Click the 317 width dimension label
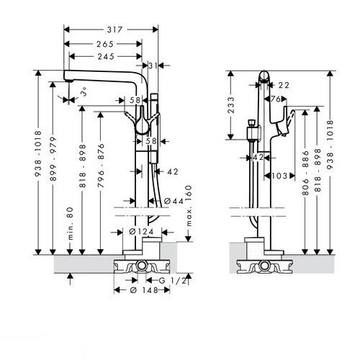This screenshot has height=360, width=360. pyautogui.click(x=114, y=30)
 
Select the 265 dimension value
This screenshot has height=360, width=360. pyautogui.click(x=105, y=44)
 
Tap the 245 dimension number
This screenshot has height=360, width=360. pyautogui.click(x=106, y=57)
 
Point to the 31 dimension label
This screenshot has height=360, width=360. pyautogui.click(x=153, y=66)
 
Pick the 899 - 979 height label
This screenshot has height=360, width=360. pyautogui.click(x=53, y=158)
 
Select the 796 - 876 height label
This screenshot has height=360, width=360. pyautogui.click(x=101, y=166)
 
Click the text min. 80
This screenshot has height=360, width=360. pyautogui.click(x=70, y=223)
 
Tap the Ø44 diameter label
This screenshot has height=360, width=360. pyautogui.click(x=174, y=201)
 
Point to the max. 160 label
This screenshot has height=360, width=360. pyautogui.click(x=189, y=206)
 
